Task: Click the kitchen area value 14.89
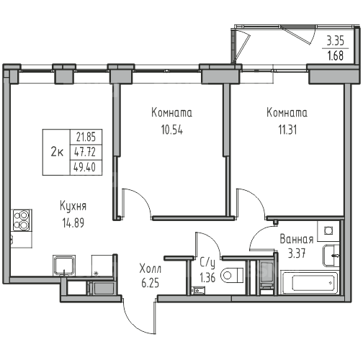pyautogui.click(x=73, y=223)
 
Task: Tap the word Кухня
pyautogui.click(x=73, y=207)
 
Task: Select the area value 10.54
pyautogui.click(x=172, y=130)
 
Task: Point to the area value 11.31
pyautogui.click(x=287, y=130)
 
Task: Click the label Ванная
pyautogui.click(x=297, y=240)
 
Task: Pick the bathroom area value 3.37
pyautogui.click(x=297, y=253)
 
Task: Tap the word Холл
pyautogui.click(x=151, y=269)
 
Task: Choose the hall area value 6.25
pyautogui.click(x=151, y=283)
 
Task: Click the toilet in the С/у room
pyautogui.click(x=232, y=275)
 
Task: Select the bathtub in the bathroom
pyautogui.click(x=310, y=282)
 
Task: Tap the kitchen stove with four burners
pyautogui.click(x=22, y=220)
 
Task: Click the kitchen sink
pyautogui.click(x=64, y=265)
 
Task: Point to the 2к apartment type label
pyautogui.click(x=57, y=152)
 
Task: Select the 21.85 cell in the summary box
pyautogui.click(x=86, y=137)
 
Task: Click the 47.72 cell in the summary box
pyautogui.click(x=85, y=152)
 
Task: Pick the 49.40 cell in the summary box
pyautogui.click(x=85, y=167)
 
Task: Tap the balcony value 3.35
pyautogui.click(x=336, y=41)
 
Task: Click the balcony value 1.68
pyautogui.click(x=336, y=55)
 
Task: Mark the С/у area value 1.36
pyautogui.click(x=207, y=278)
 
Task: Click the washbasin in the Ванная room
pyautogui.click(x=331, y=256)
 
